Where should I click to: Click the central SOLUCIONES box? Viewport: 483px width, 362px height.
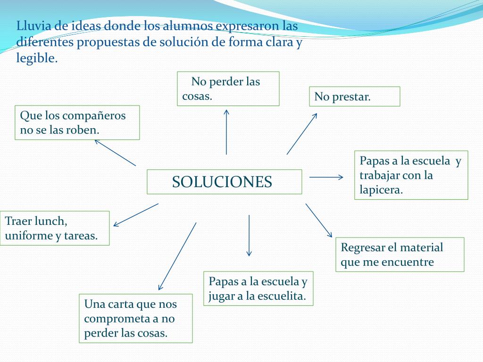[x=224, y=182]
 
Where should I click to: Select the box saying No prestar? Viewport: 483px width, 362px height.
[x=354, y=97]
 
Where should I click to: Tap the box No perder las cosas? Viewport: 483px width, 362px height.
[x=228, y=89]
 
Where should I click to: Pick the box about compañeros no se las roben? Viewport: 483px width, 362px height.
[x=77, y=123]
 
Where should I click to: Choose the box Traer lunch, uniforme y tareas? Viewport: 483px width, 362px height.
[x=55, y=228]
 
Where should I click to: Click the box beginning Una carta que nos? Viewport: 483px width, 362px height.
[x=136, y=318]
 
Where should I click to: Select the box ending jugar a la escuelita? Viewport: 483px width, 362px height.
[x=258, y=288]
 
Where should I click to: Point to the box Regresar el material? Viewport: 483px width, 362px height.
[x=400, y=255]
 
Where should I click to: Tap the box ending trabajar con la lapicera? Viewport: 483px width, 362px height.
[x=411, y=175]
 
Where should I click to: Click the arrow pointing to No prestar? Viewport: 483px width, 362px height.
[x=302, y=134]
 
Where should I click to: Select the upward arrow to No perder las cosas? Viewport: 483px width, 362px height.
[x=226, y=132]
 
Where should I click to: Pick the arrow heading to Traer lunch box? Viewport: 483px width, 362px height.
[x=136, y=214]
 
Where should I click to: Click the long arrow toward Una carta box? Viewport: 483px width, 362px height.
[x=177, y=256]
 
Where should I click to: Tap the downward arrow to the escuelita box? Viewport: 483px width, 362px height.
[x=249, y=236]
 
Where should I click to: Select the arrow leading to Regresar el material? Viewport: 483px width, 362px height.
[x=319, y=220]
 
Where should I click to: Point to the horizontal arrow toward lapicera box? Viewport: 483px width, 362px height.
[x=326, y=177]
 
